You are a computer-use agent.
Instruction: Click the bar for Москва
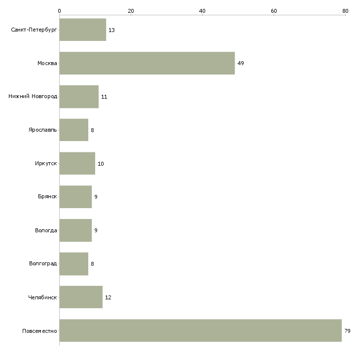[x=147, y=63]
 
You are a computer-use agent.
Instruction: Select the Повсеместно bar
[x=200, y=330]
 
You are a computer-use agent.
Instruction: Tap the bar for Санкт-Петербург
[x=83, y=30]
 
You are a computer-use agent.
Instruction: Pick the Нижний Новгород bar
[x=79, y=97]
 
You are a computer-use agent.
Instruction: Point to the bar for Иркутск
[x=77, y=163]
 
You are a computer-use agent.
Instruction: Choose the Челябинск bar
[x=81, y=297]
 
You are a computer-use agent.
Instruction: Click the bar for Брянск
[x=75, y=197]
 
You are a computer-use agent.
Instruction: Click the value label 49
[x=241, y=63]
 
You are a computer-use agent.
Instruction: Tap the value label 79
[x=347, y=331]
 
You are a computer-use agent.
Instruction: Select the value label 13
[x=111, y=30]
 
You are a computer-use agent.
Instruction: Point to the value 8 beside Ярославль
[x=92, y=130]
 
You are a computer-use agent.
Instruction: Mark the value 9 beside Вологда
[x=96, y=230]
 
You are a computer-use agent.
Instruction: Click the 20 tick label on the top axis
[x=131, y=11]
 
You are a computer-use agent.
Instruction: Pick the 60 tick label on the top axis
[x=274, y=11]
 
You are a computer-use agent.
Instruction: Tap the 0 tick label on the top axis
[x=60, y=11]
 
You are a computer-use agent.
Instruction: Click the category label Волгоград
[x=43, y=263]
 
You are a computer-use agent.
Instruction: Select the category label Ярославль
[x=43, y=130]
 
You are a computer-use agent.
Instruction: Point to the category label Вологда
[x=46, y=230]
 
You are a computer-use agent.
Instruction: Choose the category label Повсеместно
[x=39, y=331]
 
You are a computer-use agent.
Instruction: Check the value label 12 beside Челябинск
[x=108, y=297]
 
